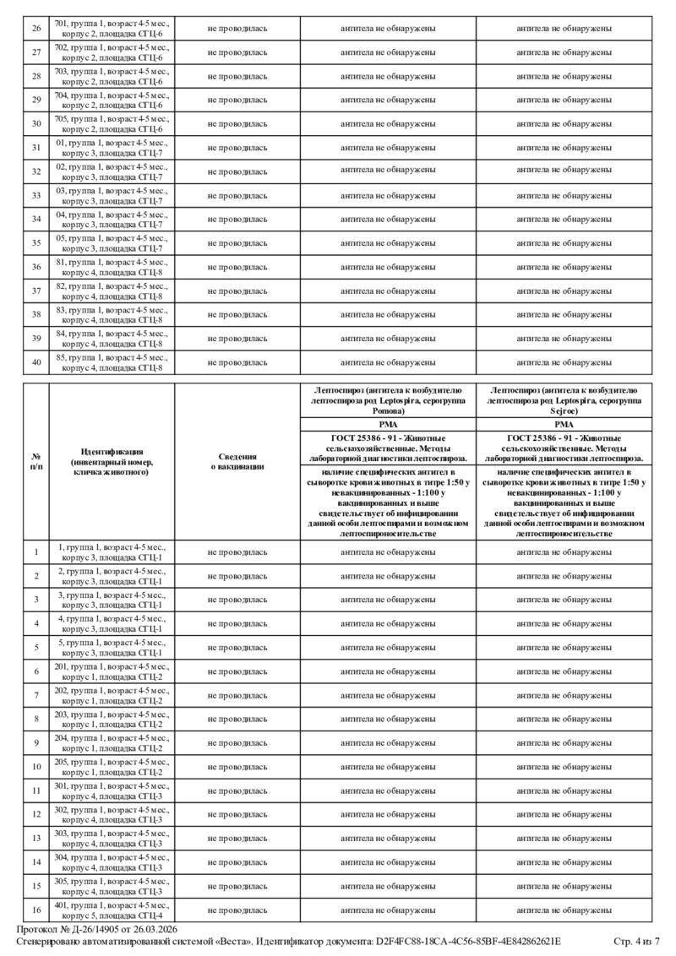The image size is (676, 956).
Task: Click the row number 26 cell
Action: (x=36, y=29)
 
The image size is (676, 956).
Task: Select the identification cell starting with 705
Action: (x=112, y=123)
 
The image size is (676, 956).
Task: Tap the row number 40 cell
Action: (x=36, y=361)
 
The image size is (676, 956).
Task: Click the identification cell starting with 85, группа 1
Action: (x=112, y=361)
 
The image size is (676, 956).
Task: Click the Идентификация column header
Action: (x=112, y=461)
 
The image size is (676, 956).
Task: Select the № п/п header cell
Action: (x=36, y=461)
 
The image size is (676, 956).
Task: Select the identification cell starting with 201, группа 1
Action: (x=112, y=671)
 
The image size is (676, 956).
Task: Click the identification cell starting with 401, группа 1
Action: (x=112, y=910)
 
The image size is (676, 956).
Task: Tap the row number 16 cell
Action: (x=36, y=910)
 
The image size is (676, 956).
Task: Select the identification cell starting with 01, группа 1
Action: (x=112, y=148)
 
